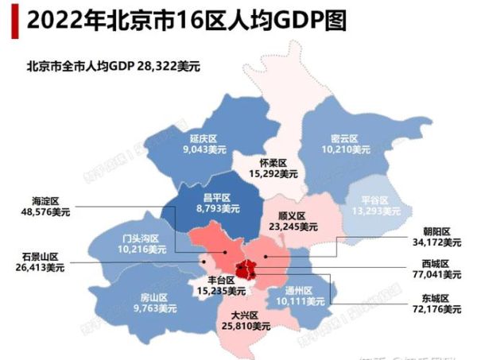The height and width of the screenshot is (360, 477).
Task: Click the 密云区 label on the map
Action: tap(347, 137)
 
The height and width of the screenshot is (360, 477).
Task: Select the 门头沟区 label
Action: tap(141, 238)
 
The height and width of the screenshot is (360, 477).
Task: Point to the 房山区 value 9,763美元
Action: tap(151, 311)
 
